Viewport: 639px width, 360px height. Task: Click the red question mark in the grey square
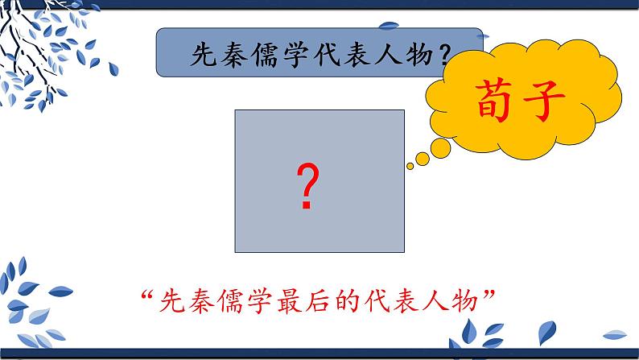point(306,187)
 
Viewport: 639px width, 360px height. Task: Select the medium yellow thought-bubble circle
point(439,147)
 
